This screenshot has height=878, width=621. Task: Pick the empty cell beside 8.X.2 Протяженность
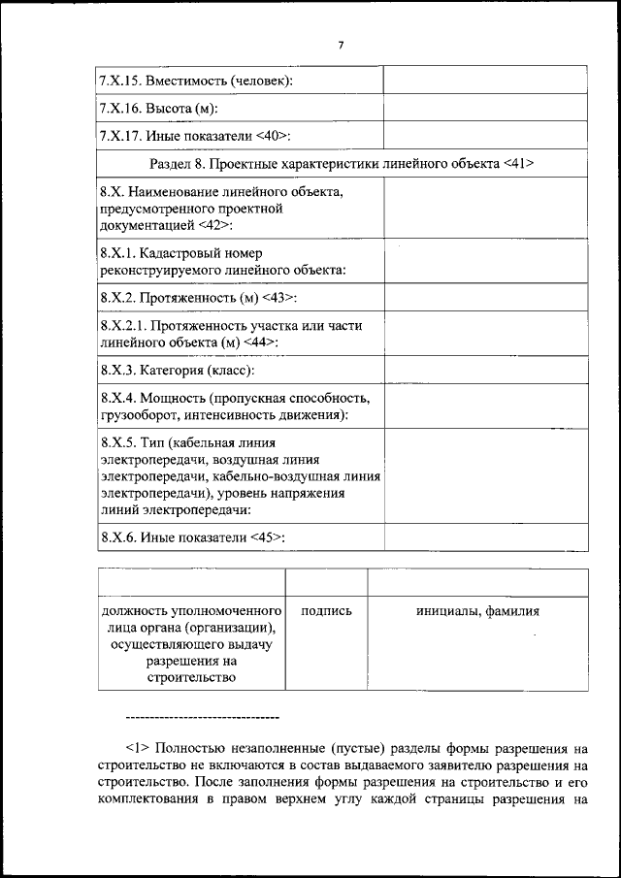[x=485, y=297]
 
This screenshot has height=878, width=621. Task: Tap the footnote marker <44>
[x=261, y=342]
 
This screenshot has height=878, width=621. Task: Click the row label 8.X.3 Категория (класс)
[x=178, y=371]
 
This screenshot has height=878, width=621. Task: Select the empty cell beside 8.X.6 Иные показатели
[x=485, y=536]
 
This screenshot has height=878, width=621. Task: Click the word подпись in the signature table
[x=327, y=611]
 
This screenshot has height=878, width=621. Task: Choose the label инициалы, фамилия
[x=477, y=611]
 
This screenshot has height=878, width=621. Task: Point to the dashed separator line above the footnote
[x=202, y=717]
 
